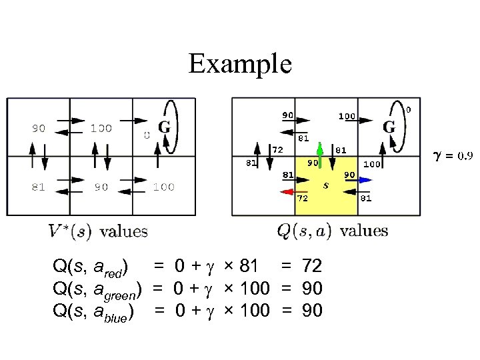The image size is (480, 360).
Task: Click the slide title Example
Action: [x=240, y=64]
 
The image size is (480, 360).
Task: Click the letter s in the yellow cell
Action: [x=325, y=186]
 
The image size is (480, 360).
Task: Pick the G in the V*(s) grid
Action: [x=163, y=127]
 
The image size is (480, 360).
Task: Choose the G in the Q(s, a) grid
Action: [x=389, y=126]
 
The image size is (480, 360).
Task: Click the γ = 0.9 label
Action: [x=453, y=155]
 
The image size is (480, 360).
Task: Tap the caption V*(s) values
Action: [x=98, y=231]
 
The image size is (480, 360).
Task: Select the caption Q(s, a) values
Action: [x=332, y=231]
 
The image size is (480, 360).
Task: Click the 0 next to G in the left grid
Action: [x=147, y=135]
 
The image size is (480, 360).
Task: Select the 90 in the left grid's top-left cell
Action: [x=38, y=128]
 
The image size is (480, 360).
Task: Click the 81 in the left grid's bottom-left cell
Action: [x=38, y=187]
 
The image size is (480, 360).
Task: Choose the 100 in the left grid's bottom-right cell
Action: [x=163, y=187]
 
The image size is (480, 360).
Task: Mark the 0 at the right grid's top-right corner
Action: [x=409, y=109]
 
